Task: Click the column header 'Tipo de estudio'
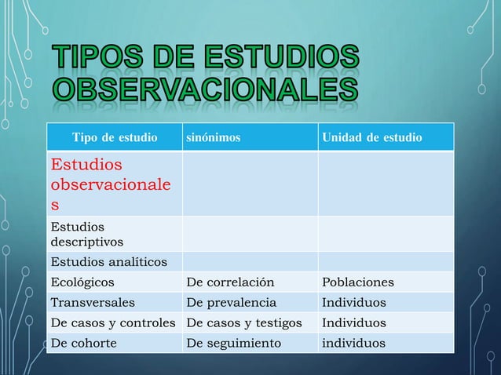tap(114, 139)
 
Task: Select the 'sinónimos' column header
tap(213, 139)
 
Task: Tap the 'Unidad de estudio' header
tap(371, 139)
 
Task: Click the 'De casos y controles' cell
tap(115, 322)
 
